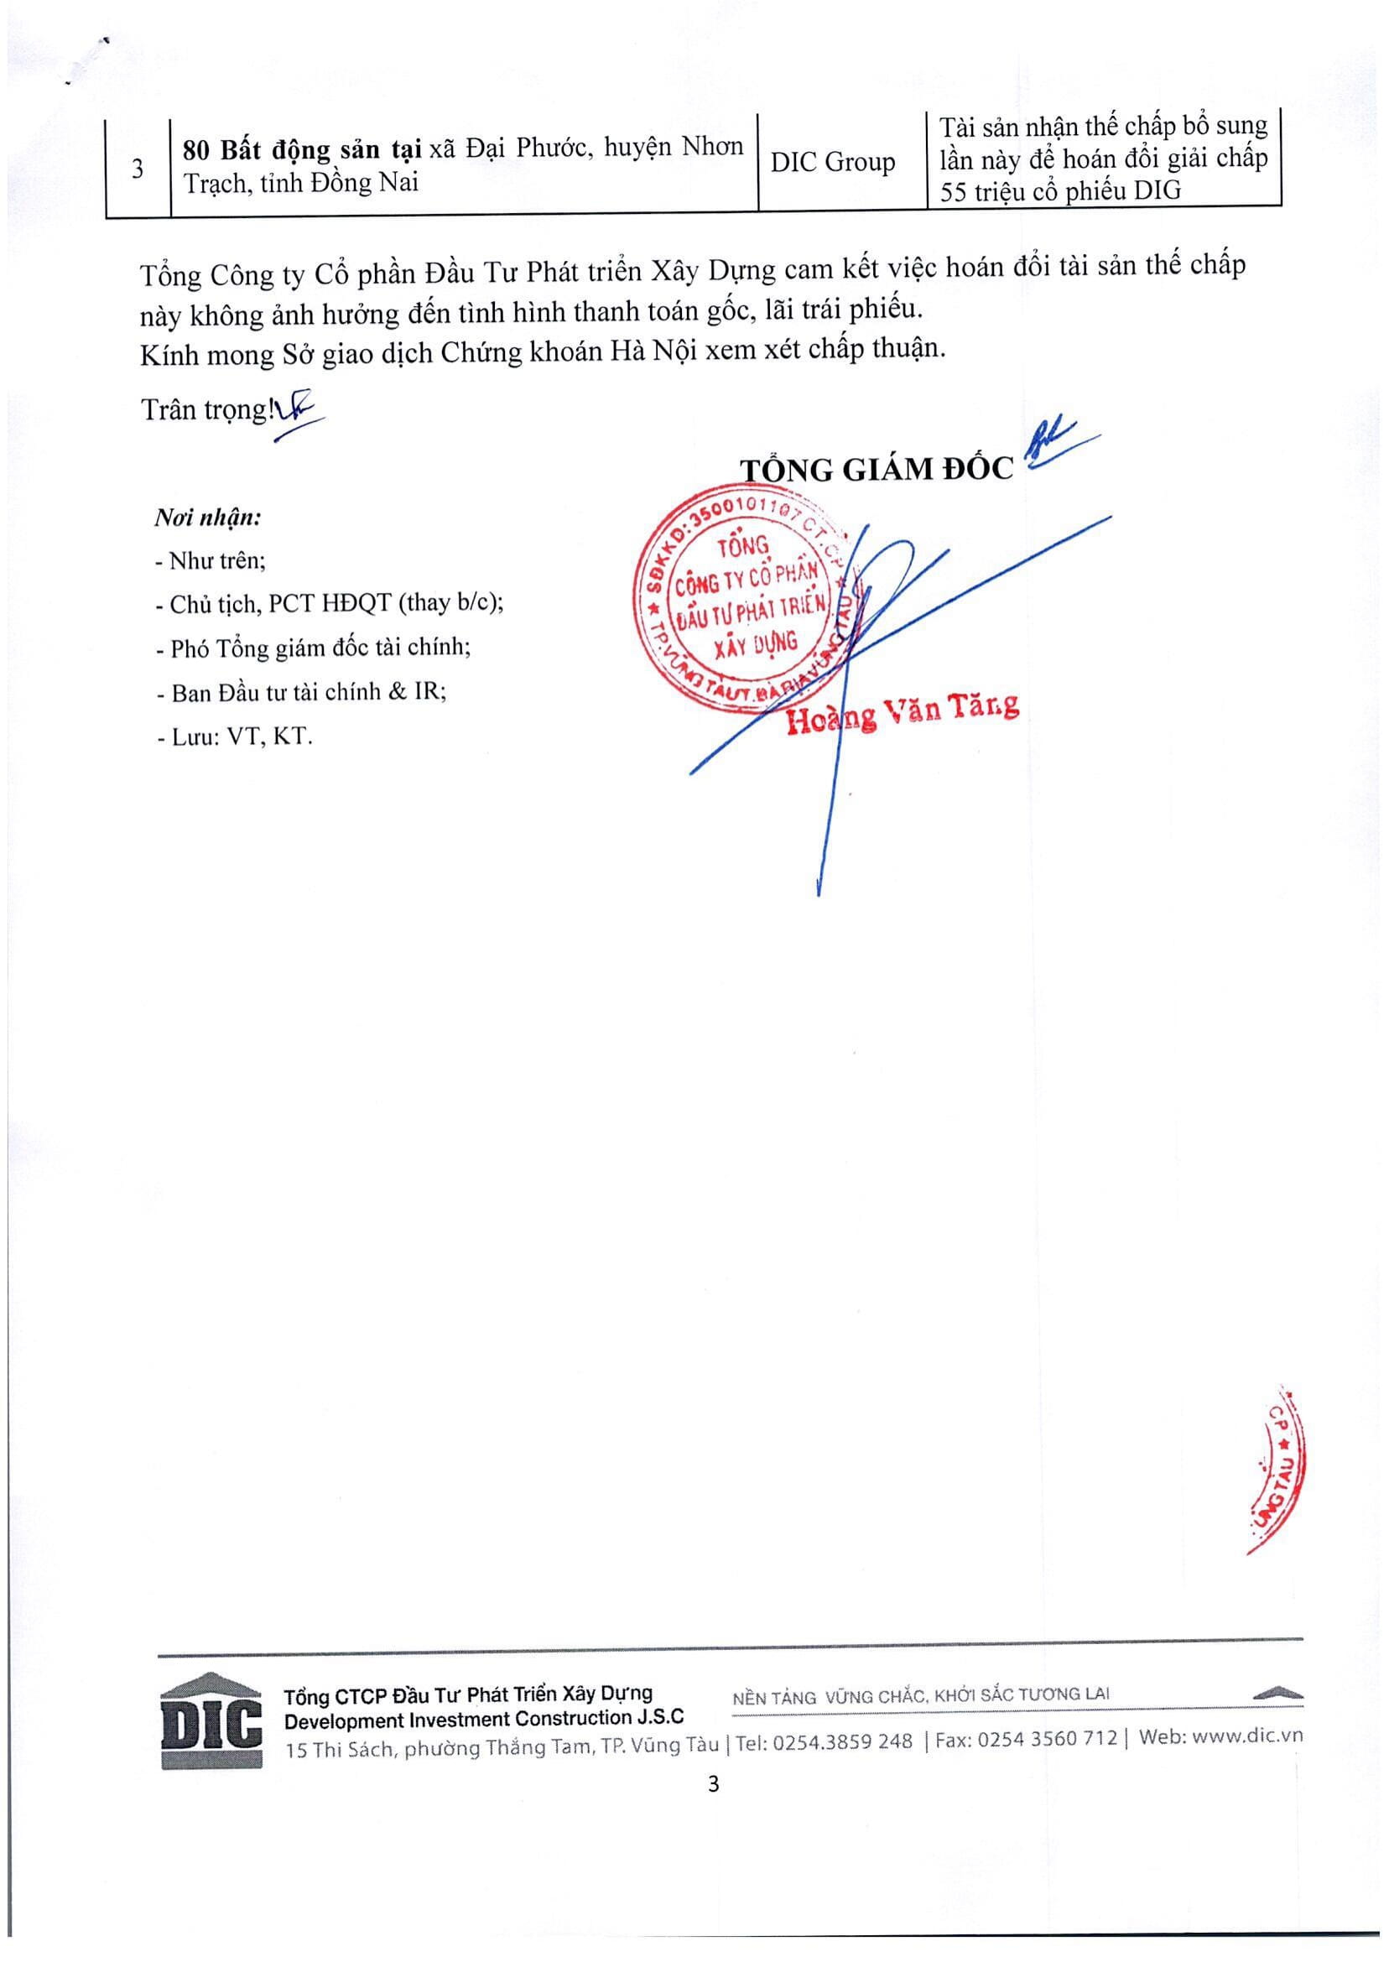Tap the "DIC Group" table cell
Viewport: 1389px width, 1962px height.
click(832, 163)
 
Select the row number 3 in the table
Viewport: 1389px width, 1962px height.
click(137, 169)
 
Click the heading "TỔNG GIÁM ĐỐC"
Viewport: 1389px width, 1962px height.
click(877, 469)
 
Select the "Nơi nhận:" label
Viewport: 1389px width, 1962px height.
click(208, 518)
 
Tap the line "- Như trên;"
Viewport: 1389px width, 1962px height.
click(211, 561)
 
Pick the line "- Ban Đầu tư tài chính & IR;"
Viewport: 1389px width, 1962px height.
click(301, 692)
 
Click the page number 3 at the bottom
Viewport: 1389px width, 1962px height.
click(714, 1784)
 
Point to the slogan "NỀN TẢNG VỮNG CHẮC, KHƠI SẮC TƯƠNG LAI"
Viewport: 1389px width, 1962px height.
click(922, 1695)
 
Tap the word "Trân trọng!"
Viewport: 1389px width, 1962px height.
click(205, 409)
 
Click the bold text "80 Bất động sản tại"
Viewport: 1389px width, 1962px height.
click(302, 149)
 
